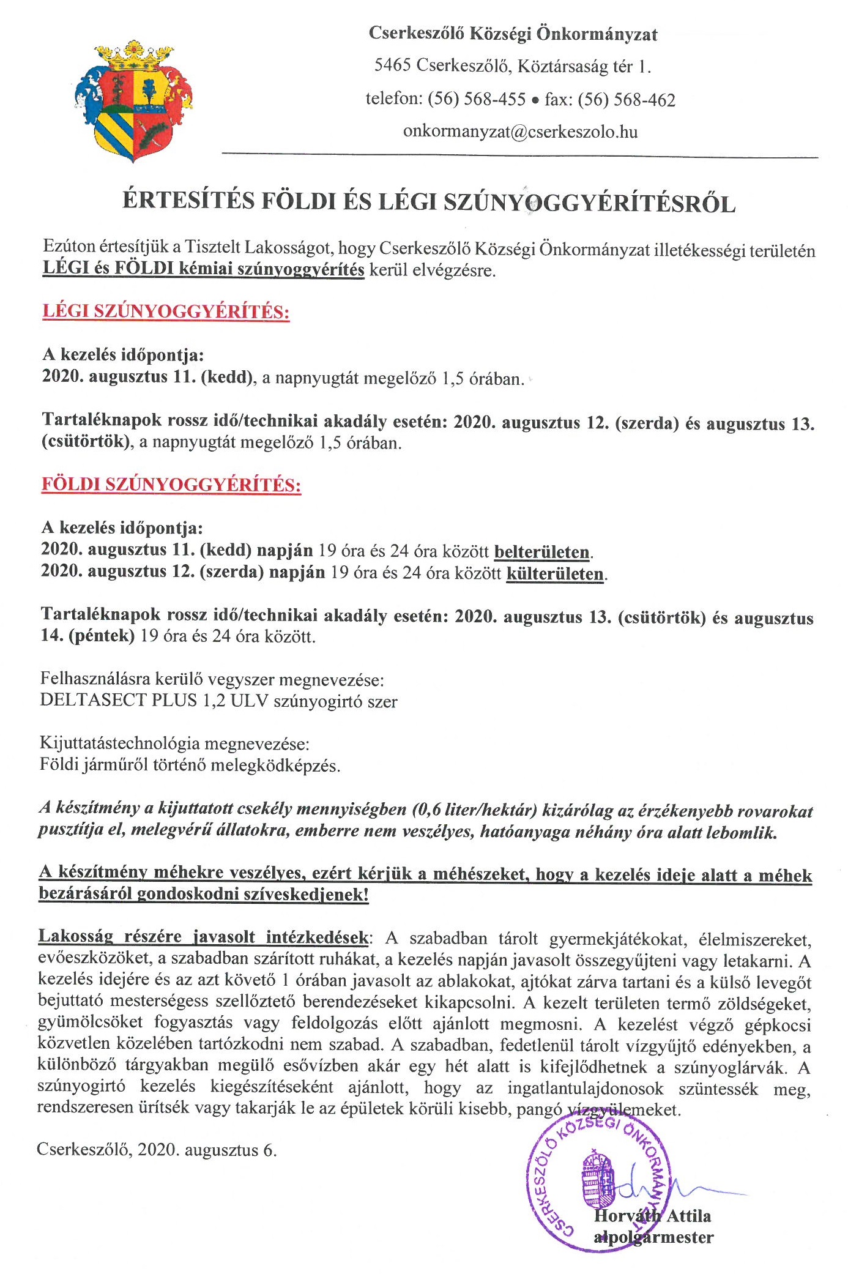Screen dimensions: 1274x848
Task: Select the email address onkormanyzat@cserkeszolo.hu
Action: pos(520,132)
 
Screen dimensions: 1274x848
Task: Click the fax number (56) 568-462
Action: pos(627,100)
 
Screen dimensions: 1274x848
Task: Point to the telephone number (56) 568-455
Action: pos(477,99)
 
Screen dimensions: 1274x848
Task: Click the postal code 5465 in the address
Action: pos(392,65)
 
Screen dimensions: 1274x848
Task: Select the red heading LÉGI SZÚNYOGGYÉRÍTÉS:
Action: pos(166,311)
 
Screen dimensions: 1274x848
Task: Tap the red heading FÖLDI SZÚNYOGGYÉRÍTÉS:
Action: pos(171,485)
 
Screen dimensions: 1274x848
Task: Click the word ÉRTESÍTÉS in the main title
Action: pos(188,201)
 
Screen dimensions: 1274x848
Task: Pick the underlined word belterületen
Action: pos(542,552)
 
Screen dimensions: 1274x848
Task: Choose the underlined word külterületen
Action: pos(555,574)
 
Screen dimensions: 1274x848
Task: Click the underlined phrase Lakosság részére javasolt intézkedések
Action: pos(204,937)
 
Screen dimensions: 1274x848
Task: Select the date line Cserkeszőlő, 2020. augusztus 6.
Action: pos(157,1150)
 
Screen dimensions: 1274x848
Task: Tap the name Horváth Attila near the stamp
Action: pos(652,1216)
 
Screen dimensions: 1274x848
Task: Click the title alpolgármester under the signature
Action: pos(653,1237)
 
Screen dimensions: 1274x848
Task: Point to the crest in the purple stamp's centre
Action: pos(597,1182)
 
